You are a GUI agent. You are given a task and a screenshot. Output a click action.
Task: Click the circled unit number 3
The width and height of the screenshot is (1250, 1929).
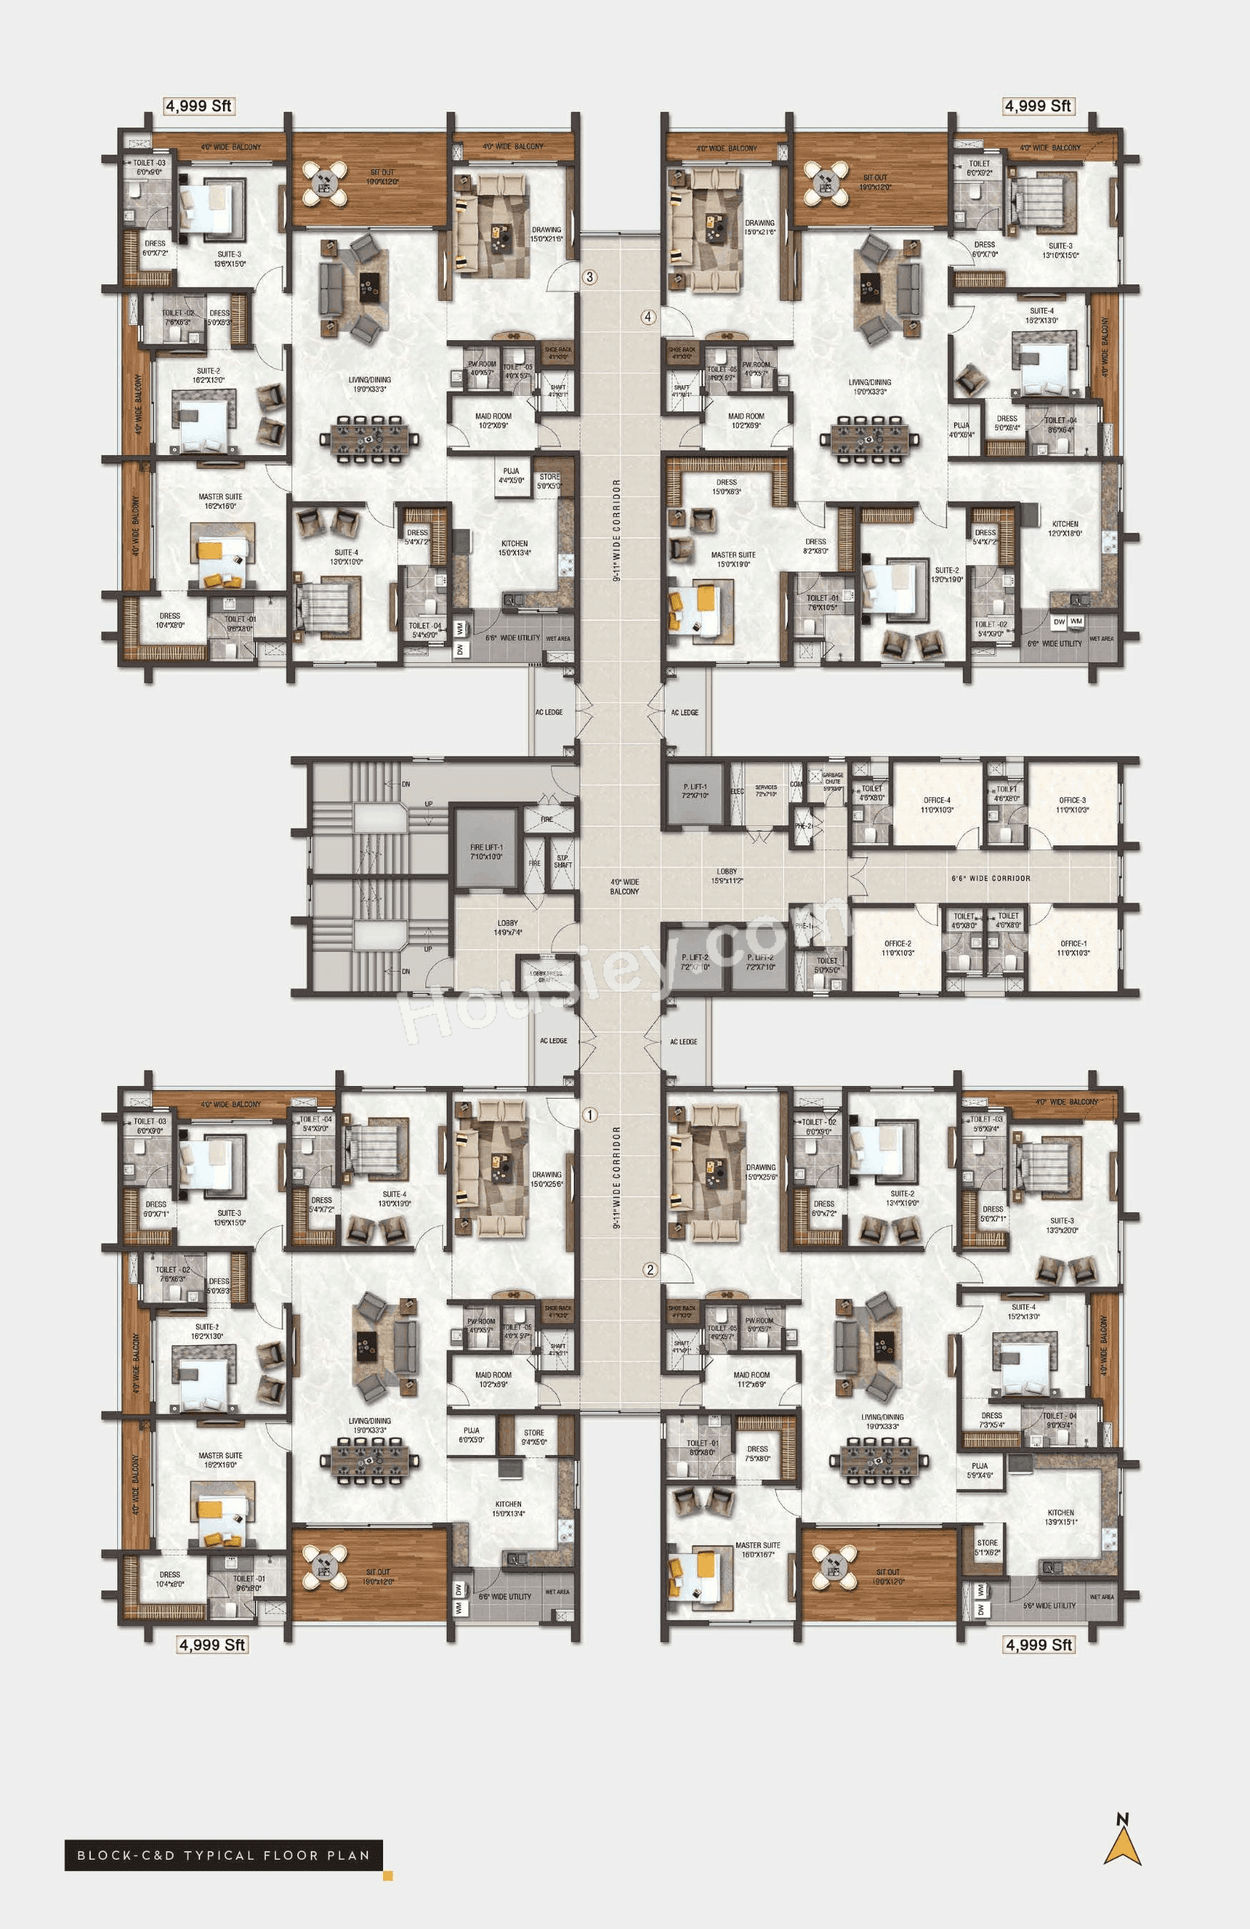click(x=590, y=277)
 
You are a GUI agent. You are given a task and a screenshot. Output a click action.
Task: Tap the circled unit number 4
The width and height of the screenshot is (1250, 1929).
click(x=648, y=317)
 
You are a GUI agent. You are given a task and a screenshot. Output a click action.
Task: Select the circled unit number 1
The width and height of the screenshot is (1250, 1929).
click(x=590, y=1115)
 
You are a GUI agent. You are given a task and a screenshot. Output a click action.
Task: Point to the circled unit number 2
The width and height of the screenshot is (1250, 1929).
click(x=650, y=1270)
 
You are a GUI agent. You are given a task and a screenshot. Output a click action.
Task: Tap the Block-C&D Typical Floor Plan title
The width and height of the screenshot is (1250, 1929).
click(x=223, y=1855)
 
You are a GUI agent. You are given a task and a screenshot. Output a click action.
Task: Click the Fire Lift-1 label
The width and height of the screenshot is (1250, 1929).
click(x=487, y=851)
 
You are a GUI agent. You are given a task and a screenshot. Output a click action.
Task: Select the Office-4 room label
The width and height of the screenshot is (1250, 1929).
click(x=937, y=805)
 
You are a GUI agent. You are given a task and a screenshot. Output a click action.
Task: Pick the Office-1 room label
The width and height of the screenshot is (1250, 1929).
click(x=1073, y=947)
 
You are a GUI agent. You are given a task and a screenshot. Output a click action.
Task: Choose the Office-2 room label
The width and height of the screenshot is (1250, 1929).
click(x=898, y=947)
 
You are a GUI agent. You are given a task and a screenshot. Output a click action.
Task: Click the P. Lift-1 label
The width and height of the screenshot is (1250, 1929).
click(x=695, y=790)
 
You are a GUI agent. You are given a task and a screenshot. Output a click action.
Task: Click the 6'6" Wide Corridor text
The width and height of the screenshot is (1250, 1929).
click(x=991, y=878)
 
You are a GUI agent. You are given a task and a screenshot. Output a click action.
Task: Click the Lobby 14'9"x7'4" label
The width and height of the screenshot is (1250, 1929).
click(x=507, y=927)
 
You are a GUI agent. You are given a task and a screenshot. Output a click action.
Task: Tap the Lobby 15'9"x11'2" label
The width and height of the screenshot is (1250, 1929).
click(x=726, y=875)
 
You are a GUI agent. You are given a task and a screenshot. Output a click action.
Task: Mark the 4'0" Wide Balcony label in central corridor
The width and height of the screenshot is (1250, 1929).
click(x=624, y=886)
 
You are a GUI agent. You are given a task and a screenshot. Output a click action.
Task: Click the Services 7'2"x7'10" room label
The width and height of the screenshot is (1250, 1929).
click(x=765, y=790)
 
